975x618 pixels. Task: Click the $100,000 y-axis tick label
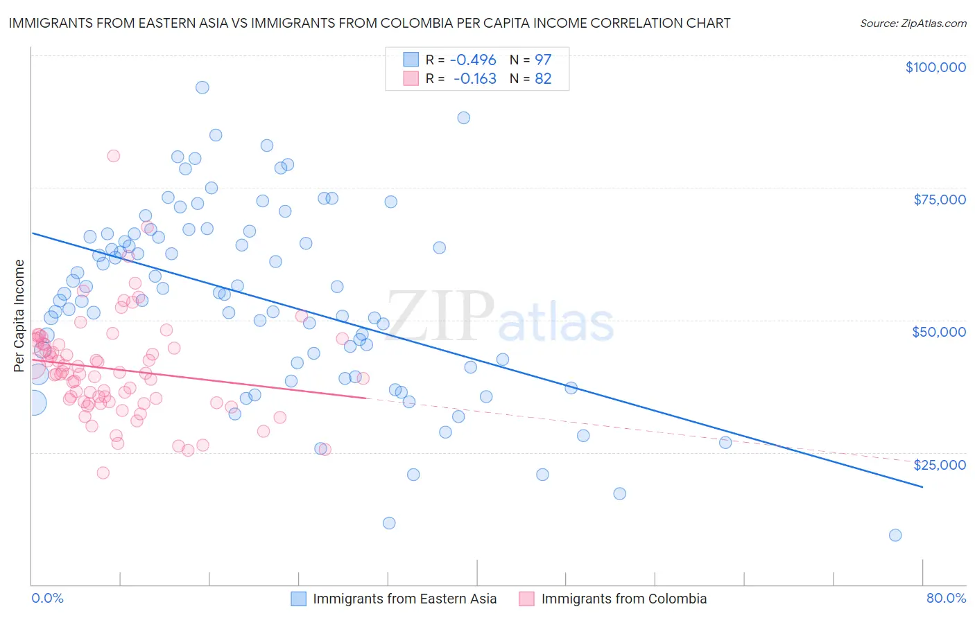click(x=935, y=67)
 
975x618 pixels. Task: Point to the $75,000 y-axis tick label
click(x=939, y=200)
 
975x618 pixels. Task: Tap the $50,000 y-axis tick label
click(x=938, y=332)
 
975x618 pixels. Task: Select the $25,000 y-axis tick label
click(x=939, y=464)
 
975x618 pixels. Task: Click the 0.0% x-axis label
click(x=47, y=598)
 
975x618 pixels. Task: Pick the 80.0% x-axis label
click(x=946, y=598)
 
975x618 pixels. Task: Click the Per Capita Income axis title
click(x=19, y=315)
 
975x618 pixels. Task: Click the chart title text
click(x=369, y=23)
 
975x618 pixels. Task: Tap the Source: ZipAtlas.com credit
click(x=913, y=23)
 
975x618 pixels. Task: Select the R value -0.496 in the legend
click(x=473, y=60)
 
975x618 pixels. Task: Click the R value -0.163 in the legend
click(x=474, y=79)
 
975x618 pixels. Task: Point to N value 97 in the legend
click(x=543, y=60)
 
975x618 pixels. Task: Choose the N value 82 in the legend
click(x=543, y=79)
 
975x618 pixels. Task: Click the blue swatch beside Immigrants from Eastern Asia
click(x=298, y=599)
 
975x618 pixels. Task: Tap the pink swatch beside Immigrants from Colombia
click(x=527, y=599)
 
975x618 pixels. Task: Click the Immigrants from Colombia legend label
click(x=623, y=599)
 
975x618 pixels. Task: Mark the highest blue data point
click(x=202, y=87)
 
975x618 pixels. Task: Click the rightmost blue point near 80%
click(x=895, y=535)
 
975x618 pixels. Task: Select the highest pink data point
click(x=114, y=156)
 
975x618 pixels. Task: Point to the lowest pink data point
click(x=103, y=473)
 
